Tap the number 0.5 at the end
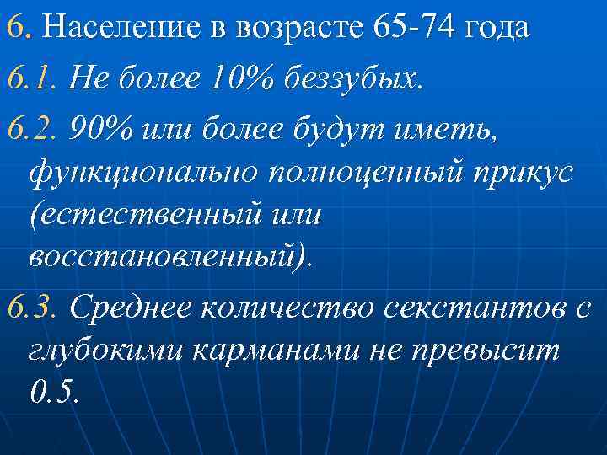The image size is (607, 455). coord(52,392)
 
